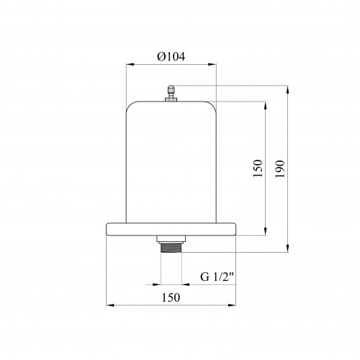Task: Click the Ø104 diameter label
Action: pos(171,57)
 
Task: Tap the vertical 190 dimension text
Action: pos(280,169)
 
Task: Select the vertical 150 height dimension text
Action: pos(258,168)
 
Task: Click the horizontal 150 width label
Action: pos(171,297)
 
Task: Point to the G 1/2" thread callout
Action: pos(217,277)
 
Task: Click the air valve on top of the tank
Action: pos(171,94)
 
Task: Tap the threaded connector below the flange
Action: pos(171,248)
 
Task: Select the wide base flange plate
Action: pos(171,229)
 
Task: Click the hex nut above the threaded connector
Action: pos(171,239)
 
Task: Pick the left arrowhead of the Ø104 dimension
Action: pos(130,64)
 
